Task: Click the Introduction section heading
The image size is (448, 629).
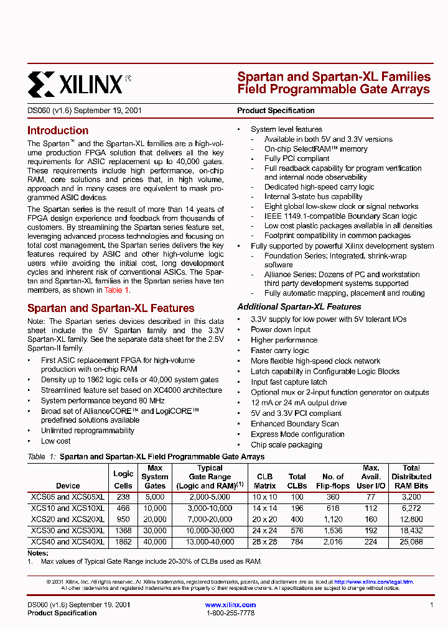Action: pyautogui.click(x=58, y=131)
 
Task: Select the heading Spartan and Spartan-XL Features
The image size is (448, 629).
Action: pyautogui.click(x=111, y=308)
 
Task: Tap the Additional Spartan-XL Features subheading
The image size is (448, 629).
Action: pyautogui.click(x=299, y=306)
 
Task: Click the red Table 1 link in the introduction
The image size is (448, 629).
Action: pyautogui.click(x=116, y=290)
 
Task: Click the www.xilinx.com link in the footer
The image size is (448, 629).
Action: pyautogui.click(x=230, y=605)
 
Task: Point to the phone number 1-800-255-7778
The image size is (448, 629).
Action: pyautogui.click(x=230, y=613)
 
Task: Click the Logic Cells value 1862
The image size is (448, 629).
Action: pyautogui.click(x=123, y=541)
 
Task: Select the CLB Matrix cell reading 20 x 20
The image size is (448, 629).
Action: pyautogui.click(x=264, y=519)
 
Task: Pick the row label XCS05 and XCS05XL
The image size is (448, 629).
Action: pyautogui.click(x=68, y=497)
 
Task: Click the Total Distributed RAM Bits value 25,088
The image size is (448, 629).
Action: pyautogui.click(x=411, y=541)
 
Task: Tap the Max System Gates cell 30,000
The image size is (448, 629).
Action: pyautogui.click(x=155, y=530)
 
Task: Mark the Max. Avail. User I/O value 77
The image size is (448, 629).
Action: pyautogui.click(x=371, y=497)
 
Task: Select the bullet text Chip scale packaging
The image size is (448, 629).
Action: pyautogui.click(x=286, y=444)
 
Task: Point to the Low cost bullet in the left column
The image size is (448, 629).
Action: pyautogui.click(x=56, y=441)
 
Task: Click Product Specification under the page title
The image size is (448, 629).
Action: pyautogui.click(x=276, y=111)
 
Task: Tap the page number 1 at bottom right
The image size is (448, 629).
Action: pyautogui.click(x=431, y=605)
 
